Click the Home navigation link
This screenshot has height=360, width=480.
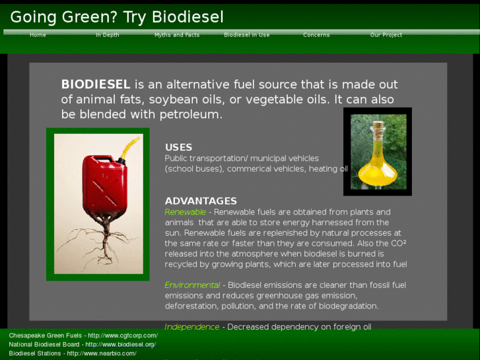pos(38,35)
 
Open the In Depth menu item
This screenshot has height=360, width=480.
pos(107,35)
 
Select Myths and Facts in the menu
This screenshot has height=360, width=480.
pos(177,35)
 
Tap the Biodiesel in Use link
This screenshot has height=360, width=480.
pos(247,35)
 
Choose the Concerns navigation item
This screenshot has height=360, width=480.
pos(316,35)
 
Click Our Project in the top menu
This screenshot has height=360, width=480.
pos(386,35)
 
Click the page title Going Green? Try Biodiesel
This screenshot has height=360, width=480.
pos(117,17)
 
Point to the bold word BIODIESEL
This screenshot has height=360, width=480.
pos(96,85)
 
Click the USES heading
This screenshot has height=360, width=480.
pos(178,147)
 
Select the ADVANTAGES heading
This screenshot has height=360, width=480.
pos(201,201)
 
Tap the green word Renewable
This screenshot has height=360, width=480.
pos(186,212)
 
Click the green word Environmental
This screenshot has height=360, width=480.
pos(192,285)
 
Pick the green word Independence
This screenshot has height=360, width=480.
pos(192,327)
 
